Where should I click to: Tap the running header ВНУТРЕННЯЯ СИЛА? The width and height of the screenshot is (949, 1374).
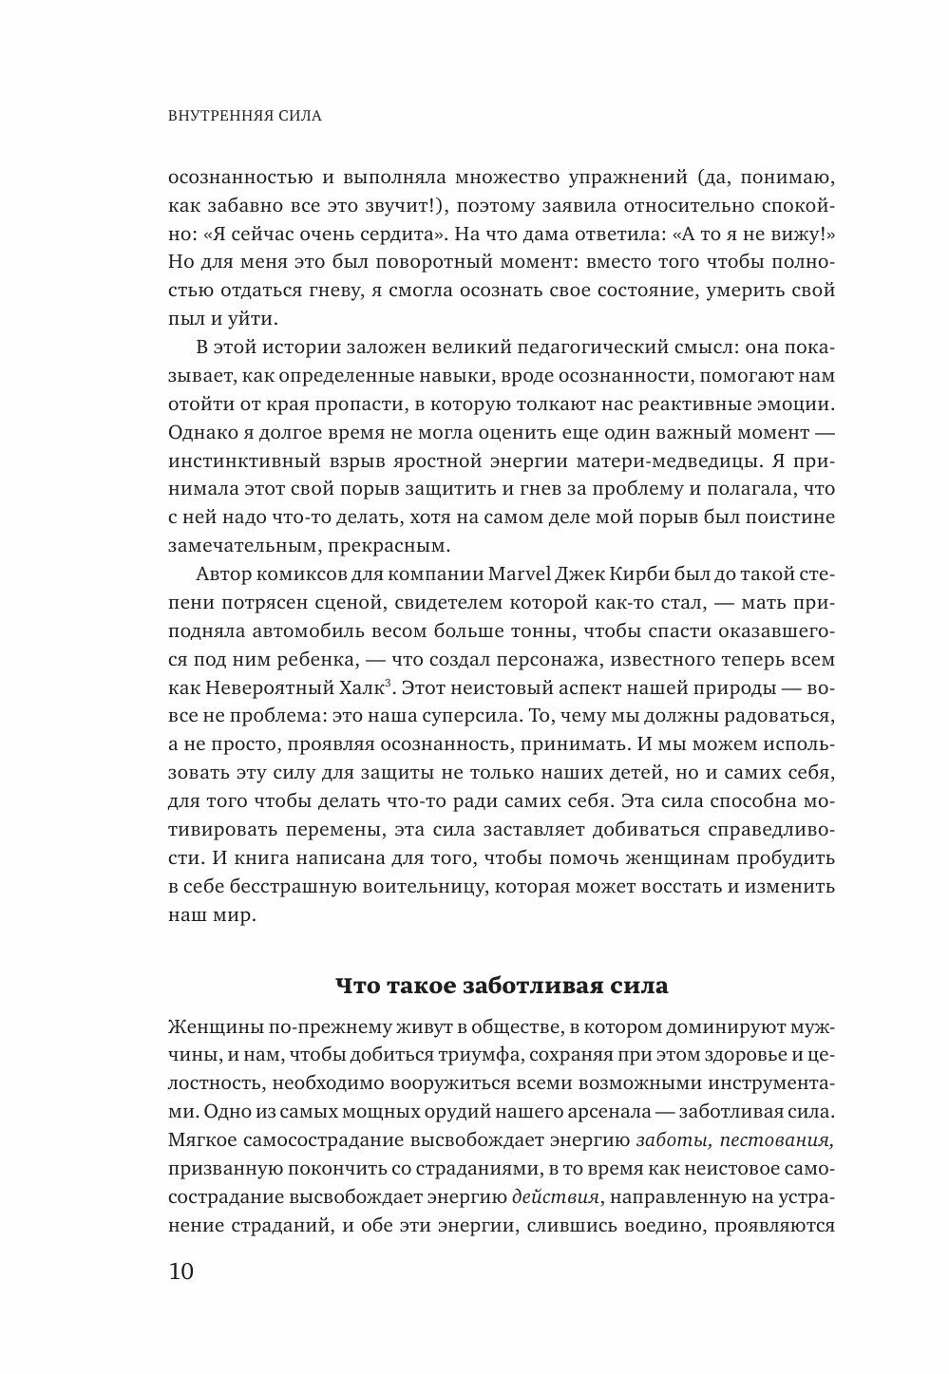[x=245, y=117]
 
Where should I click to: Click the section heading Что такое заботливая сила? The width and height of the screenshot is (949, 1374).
[x=502, y=985]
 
